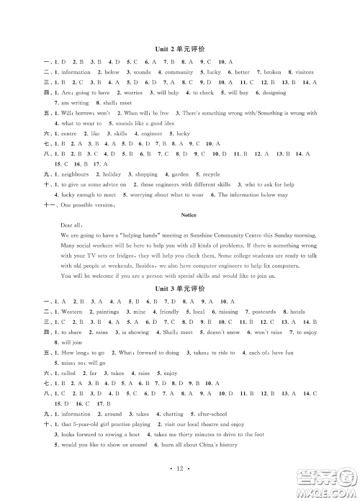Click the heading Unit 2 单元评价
pyautogui.click(x=179, y=49)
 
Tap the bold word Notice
pyautogui.click(x=179, y=214)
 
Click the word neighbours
pyautogui.click(x=75, y=174)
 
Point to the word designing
pyautogui.click(x=273, y=93)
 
